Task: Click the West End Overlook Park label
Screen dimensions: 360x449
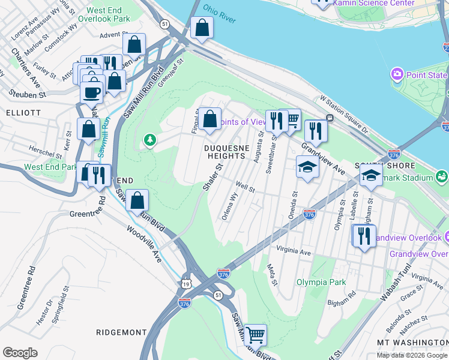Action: [108, 15]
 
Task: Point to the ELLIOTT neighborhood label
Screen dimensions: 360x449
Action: [23, 112]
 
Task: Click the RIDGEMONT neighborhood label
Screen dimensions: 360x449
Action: [121, 332]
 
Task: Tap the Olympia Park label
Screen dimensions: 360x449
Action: [321, 282]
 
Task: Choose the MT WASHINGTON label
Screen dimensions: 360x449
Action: [412, 342]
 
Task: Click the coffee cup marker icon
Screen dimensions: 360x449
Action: [92, 93]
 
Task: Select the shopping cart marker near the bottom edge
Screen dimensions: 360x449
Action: [256, 334]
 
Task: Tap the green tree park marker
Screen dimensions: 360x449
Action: [149, 140]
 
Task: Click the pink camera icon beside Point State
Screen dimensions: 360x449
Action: [396, 75]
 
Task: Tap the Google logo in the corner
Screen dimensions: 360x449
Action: [20, 353]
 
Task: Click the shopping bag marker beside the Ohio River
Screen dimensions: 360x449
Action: [202, 28]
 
